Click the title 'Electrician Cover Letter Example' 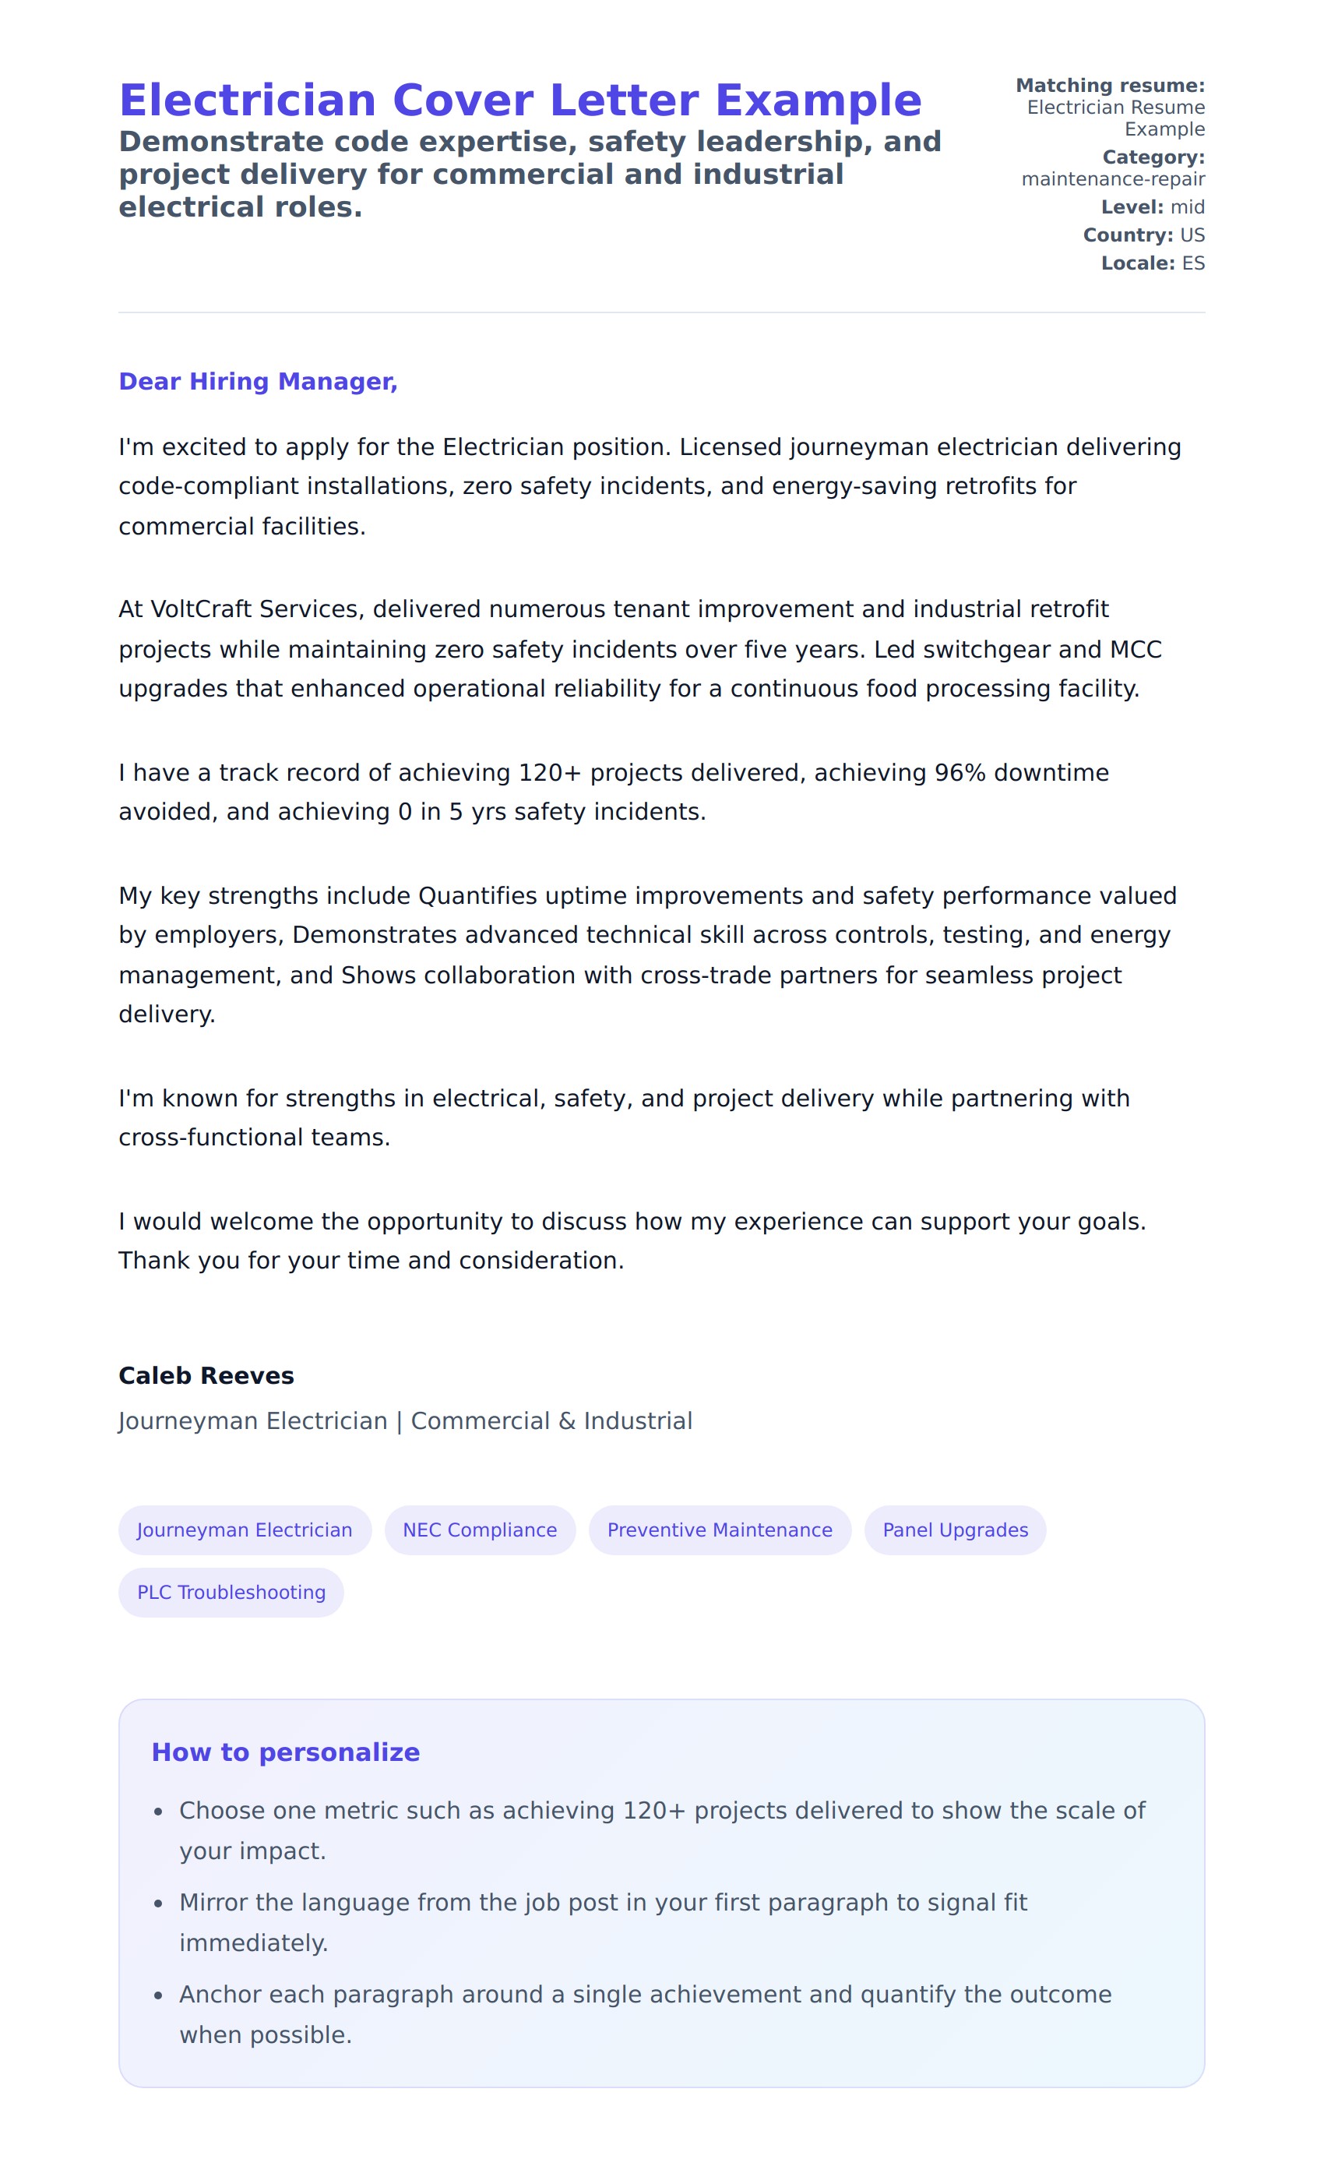click(519, 100)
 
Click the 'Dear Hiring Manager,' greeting click(258, 381)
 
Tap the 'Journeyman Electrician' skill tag click(245, 1530)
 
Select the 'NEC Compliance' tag click(479, 1530)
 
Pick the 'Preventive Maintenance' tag click(720, 1530)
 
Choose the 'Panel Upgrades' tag click(955, 1530)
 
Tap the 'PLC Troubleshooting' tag click(231, 1593)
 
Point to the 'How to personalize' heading click(285, 1752)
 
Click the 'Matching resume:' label click(1110, 85)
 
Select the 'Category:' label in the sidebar click(1153, 157)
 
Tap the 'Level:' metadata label click(1132, 207)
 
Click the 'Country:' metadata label click(1128, 235)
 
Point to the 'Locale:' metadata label click(1137, 263)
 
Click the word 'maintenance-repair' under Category click(1112, 179)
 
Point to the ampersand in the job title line click(567, 1421)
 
